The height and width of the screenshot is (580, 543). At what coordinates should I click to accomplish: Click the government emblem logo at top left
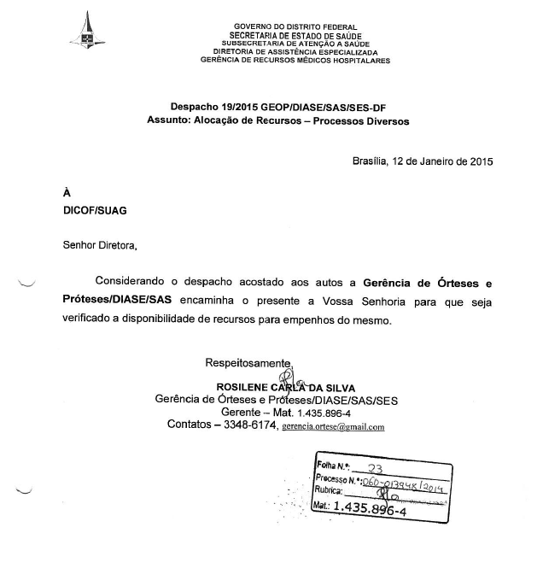coord(87,32)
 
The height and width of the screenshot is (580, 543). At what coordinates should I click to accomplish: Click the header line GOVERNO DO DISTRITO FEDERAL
coord(295,27)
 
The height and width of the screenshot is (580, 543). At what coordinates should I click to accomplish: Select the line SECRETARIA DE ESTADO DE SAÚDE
coord(295,35)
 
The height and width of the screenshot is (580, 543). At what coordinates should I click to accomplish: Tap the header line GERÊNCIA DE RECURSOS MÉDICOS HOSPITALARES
coord(295,61)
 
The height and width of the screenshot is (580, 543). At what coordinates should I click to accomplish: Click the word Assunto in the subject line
coord(169,121)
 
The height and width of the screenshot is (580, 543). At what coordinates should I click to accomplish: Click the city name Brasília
coord(370,161)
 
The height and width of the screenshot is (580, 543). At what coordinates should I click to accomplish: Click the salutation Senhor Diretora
coord(99,246)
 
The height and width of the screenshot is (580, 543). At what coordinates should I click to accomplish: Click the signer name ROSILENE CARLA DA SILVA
coord(285,388)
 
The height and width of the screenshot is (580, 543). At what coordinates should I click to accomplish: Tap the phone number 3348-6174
coord(251,425)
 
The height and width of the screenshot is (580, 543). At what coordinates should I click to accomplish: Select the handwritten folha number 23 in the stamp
coord(373,468)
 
